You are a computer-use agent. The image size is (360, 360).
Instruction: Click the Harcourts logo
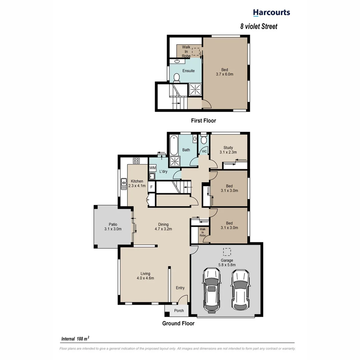click(x=271, y=13)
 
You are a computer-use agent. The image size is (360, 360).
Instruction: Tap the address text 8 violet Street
click(x=259, y=26)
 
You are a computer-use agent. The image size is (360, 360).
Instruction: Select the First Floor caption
click(x=203, y=121)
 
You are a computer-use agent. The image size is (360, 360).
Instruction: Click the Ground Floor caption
click(x=178, y=323)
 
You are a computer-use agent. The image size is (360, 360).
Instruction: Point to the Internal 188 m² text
click(x=75, y=339)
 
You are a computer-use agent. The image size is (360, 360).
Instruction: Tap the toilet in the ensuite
click(x=177, y=77)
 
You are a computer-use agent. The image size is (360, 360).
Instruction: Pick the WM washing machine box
click(x=153, y=168)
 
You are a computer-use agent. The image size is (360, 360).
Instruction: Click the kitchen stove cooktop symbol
click(x=136, y=161)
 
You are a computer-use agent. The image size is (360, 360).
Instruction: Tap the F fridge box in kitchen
click(x=151, y=187)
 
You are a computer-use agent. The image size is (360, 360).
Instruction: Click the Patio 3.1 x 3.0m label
click(x=113, y=227)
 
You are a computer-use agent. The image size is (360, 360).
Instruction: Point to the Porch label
click(x=179, y=311)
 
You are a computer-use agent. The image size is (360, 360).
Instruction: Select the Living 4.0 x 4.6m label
click(x=145, y=275)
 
